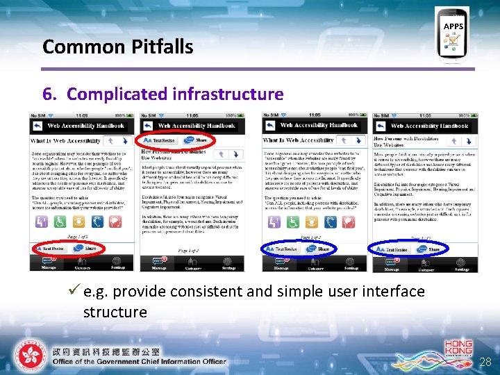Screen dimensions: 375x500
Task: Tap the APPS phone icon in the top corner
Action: (x=453, y=35)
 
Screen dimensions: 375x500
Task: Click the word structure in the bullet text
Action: (x=115, y=312)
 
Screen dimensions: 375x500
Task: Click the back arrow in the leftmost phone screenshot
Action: (x=36, y=126)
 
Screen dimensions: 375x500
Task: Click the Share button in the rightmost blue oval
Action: (x=433, y=249)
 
